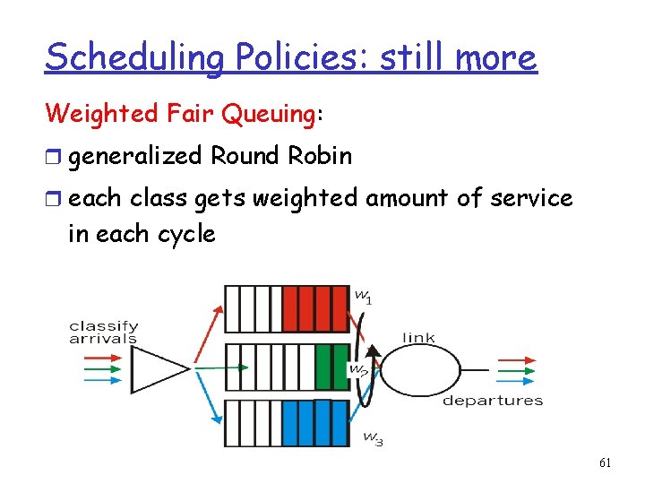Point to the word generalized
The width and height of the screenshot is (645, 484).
[x=135, y=156]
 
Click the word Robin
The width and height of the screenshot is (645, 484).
[x=320, y=156]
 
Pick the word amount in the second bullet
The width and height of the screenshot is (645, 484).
[x=403, y=197]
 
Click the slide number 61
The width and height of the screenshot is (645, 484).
[x=606, y=462]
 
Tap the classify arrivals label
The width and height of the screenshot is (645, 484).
[x=103, y=333]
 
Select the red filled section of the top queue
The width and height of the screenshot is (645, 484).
[x=314, y=307]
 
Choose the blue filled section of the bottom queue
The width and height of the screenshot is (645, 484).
[x=314, y=423]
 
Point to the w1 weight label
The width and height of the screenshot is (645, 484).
[x=363, y=296]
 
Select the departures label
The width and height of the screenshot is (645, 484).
[x=493, y=400]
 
